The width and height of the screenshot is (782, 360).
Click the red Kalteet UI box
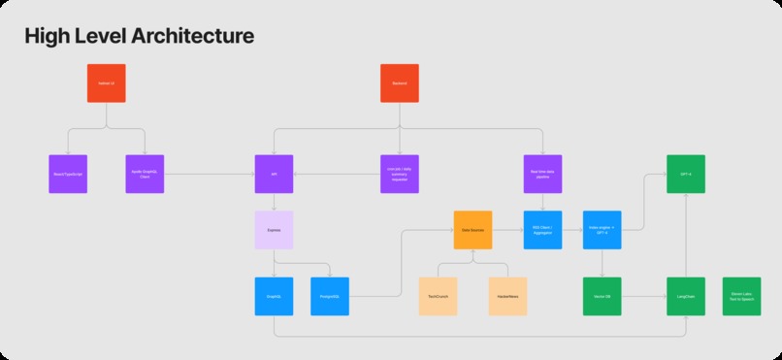coord(106,83)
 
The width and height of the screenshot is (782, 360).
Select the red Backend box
coord(399,83)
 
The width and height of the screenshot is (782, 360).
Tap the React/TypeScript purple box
coord(68,174)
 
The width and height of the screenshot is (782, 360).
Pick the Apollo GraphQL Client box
coord(145,174)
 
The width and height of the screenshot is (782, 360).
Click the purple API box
coord(274,174)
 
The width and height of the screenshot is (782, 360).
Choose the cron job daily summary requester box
coord(399,174)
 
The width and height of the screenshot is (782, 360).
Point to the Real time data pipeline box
coord(542,174)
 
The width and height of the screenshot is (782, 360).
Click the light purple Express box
coord(274,231)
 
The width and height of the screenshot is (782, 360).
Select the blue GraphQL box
coord(274,296)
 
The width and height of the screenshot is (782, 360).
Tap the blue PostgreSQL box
coord(330,296)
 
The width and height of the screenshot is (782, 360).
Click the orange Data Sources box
coord(472,230)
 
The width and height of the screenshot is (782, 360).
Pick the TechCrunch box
coord(438,296)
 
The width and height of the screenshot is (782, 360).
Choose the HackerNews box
coord(507,296)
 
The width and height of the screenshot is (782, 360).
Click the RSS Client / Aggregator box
coord(542,230)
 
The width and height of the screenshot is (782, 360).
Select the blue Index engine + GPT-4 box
coord(602,230)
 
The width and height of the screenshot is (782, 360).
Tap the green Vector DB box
coord(602,296)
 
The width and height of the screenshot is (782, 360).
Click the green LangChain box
coord(685,296)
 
